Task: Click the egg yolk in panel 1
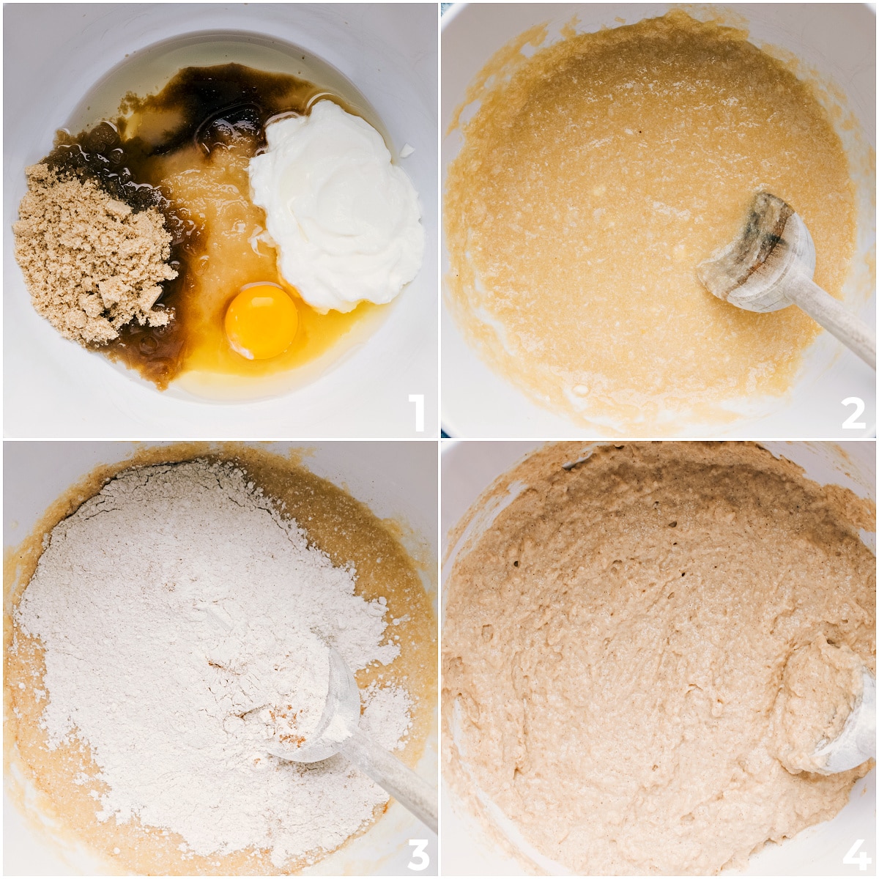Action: (261, 321)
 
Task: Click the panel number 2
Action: (853, 412)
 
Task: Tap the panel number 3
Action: (418, 854)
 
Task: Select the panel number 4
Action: (856, 854)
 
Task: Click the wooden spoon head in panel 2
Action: (757, 251)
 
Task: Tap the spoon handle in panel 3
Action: (393, 785)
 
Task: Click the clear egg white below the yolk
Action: (256, 369)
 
